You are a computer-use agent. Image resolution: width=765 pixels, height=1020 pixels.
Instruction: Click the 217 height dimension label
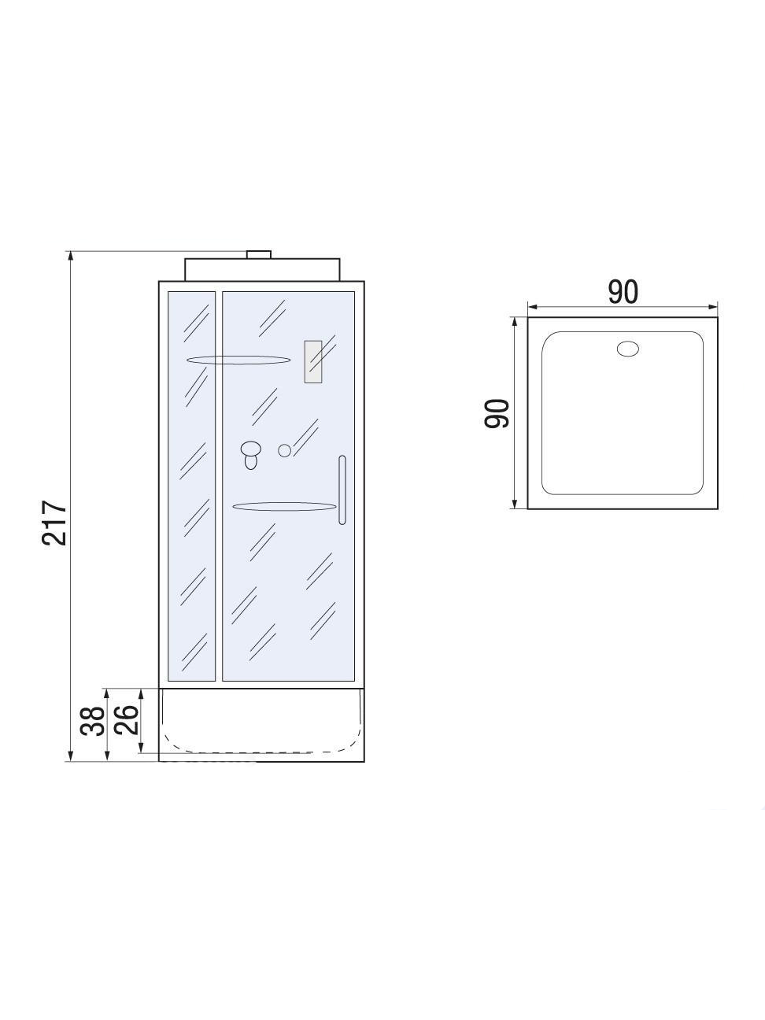(x=55, y=523)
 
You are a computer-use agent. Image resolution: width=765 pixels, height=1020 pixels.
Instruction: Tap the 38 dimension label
(x=91, y=721)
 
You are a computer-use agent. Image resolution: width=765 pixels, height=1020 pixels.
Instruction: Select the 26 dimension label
(x=127, y=720)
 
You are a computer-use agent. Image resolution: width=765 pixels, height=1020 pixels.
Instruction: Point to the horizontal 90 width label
(x=623, y=292)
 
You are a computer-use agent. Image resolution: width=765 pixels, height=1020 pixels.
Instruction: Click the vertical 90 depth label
(x=497, y=413)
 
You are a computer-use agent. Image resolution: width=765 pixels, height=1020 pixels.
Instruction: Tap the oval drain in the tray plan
(x=627, y=349)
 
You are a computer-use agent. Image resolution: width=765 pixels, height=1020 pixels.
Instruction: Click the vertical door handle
(x=342, y=490)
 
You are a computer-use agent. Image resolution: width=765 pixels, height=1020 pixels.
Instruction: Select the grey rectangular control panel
(x=313, y=361)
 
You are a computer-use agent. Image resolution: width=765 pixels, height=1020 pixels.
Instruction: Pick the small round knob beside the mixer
(x=284, y=450)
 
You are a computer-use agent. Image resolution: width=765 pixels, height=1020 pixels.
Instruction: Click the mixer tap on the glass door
(x=251, y=454)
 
